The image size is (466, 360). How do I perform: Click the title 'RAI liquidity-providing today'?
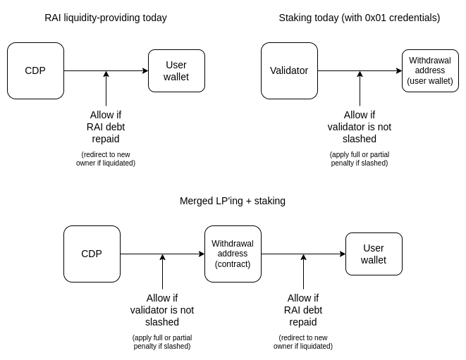106,18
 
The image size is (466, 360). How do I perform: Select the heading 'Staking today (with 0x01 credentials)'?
359,18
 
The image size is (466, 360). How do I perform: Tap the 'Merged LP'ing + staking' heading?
233,201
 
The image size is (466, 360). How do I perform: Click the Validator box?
289,70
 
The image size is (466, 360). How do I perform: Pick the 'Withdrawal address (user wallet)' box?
430,70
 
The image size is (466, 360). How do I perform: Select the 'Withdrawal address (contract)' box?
233,254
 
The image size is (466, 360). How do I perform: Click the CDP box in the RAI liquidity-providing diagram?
35,70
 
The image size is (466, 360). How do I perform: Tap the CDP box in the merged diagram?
92,254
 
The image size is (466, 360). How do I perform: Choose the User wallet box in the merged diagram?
374,254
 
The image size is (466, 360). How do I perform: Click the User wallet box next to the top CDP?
176,70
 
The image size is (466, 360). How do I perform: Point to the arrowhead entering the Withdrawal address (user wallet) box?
399,70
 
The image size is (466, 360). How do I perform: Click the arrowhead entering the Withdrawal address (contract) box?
202,254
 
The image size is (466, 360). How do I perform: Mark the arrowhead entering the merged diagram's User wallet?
343,254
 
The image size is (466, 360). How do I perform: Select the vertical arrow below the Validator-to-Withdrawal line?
360,89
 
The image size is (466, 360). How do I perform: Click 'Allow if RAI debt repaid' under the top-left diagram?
106,127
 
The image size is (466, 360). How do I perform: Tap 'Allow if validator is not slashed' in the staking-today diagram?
360,127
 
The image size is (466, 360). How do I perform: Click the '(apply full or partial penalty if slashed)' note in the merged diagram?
162,342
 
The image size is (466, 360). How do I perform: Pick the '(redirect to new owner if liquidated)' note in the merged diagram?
303,342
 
